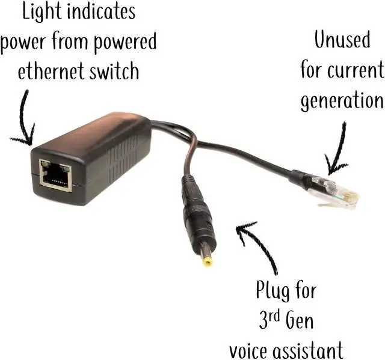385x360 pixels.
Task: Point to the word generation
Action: tap(341, 100)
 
